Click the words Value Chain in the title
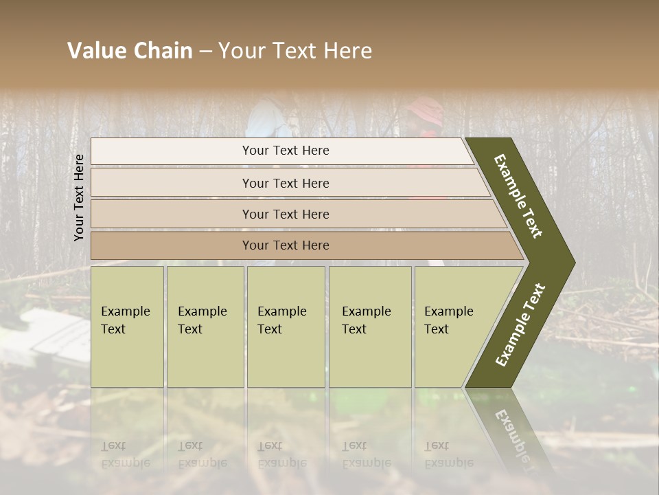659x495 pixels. [x=130, y=51]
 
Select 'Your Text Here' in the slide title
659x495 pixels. [x=295, y=51]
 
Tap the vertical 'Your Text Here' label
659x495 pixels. [x=79, y=197]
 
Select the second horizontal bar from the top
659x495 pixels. [x=285, y=183]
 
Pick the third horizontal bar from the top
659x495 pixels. [x=285, y=214]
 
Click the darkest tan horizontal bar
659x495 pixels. [x=285, y=245]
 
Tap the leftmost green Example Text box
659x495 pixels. [x=127, y=327]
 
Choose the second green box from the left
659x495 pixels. [x=205, y=327]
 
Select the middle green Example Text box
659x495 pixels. [x=286, y=327]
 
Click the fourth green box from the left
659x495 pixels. [x=369, y=327]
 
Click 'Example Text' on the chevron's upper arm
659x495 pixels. [x=519, y=195]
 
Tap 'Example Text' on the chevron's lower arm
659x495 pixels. [x=520, y=325]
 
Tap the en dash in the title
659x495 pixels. [x=205, y=52]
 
